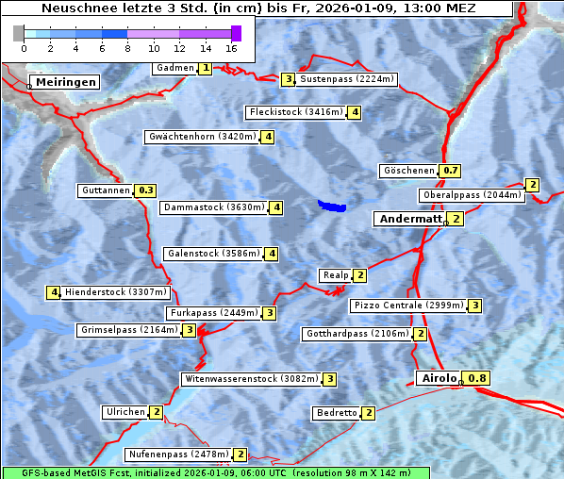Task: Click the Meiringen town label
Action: click(66, 82)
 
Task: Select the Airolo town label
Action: click(439, 378)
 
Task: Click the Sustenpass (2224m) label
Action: click(347, 79)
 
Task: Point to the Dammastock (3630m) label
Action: click(213, 207)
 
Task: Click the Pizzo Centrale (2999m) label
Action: click(408, 306)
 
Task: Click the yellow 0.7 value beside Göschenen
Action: click(451, 171)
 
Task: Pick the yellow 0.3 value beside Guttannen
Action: click(146, 190)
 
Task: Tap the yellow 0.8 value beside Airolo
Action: click(478, 378)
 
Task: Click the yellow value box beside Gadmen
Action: click(206, 68)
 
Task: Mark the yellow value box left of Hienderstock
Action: click(54, 292)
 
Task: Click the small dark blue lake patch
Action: click(331, 205)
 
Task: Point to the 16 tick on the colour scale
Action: click(231, 47)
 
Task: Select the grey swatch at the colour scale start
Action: click(19, 33)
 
